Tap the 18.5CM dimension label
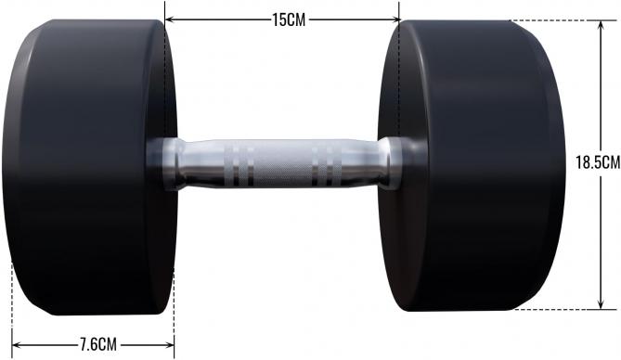pyautogui.click(x=597, y=162)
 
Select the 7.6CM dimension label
pyautogui.click(x=97, y=344)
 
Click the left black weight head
pyautogui.click(x=84, y=167)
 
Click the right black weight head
pyautogui.click(x=473, y=167)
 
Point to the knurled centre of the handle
pyautogui.click(x=278, y=163)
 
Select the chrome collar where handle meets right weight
pyautogui.click(x=391, y=164)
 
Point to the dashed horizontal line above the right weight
pyautogui.click(x=557, y=20)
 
